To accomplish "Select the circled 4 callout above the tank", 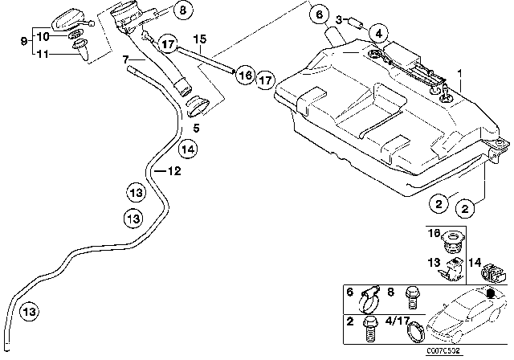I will (x=380, y=33).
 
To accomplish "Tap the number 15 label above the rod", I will (x=200, y=39).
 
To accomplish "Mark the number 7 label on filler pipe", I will (x=125, y=59).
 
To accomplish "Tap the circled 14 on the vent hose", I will (x=188, y=148).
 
